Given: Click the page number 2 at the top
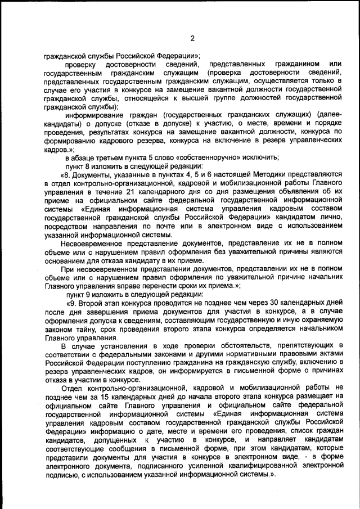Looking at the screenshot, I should [x=192, y=38].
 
